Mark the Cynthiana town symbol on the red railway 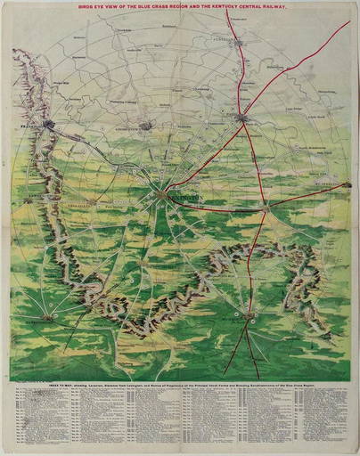point(241,39)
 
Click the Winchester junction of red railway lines point(265,207)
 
